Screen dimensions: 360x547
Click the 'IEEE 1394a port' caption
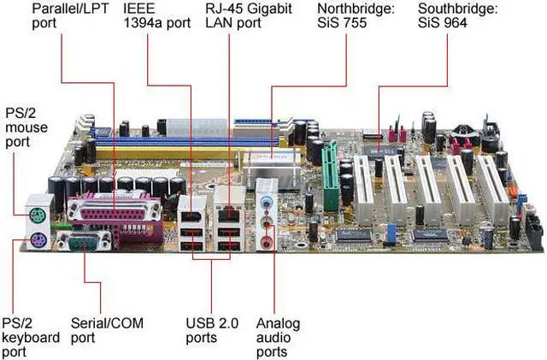pos(156,15)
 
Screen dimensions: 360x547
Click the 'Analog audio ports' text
pos(277,337)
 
